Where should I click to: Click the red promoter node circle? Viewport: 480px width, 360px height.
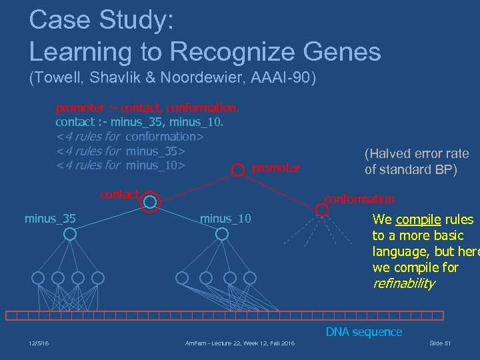point(237,170)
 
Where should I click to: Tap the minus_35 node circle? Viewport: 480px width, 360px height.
point(69,234)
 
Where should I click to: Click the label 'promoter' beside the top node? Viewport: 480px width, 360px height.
point(276,168)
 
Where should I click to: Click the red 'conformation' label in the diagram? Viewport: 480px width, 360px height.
point(359,199)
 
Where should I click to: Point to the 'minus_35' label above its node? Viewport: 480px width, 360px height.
point(50,218)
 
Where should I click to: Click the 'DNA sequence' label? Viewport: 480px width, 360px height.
point(363,331)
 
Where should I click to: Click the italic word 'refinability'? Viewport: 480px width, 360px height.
point(403,283)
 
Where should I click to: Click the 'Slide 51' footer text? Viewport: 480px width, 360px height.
point(440,343)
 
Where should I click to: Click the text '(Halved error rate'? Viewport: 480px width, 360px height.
point(416,153)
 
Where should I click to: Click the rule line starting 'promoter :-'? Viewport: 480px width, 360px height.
point(147,107)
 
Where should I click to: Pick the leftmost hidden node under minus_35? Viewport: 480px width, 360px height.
point(38,277)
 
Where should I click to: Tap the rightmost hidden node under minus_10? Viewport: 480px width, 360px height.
point(250,277)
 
